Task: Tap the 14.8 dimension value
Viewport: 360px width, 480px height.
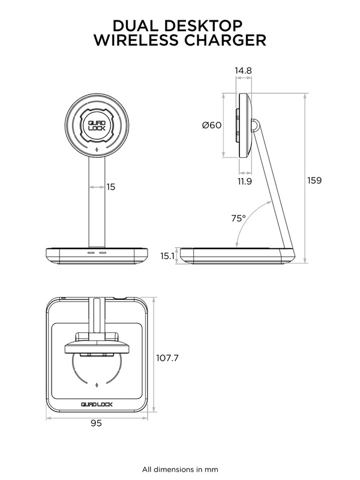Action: [244, 70]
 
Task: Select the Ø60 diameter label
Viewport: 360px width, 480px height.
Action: [212, 125]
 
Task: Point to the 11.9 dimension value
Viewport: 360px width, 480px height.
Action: [245, 181]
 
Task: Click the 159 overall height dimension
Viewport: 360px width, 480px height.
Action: [314, 181]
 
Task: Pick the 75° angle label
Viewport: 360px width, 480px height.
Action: [238, 218]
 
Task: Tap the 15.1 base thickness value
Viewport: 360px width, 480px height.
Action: [167, 256]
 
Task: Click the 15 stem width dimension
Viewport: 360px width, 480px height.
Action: [111, 187]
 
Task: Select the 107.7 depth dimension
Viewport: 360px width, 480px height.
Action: [167, 358]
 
